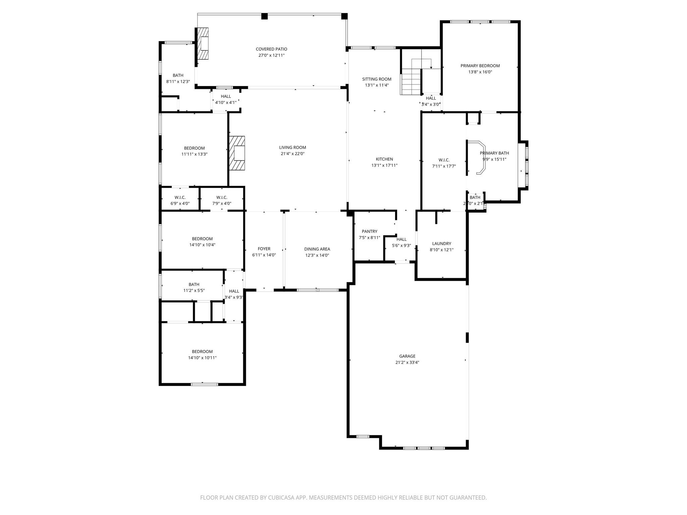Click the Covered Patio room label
pos(271,49)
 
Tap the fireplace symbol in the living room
pos(237,153)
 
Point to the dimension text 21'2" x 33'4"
pos(407,362)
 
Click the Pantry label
pos(369,231)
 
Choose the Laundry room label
pos(441,243)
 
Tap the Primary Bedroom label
pos(480,66)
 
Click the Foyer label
pos(264,249)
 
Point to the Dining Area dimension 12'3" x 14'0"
pos(317,255)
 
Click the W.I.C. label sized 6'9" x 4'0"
pos(180,197)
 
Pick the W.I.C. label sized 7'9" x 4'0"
pos(222,197)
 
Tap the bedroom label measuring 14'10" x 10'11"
pos(202,352)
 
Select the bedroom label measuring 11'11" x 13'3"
pos(194,148)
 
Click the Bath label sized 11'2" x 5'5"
pos(194,284)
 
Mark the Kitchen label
pos(384,159)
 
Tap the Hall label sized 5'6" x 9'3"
pos(402,239)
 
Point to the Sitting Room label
pos(377,79)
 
